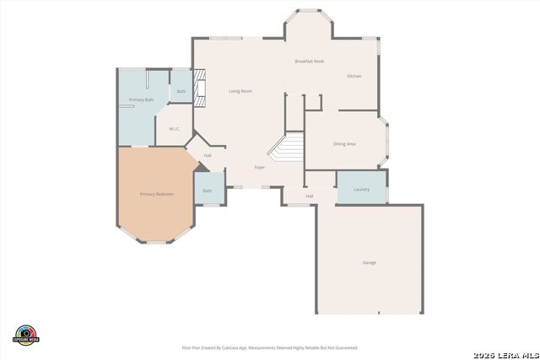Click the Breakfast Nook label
tap(310, 62)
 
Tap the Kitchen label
tap(354, 77)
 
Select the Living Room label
tap(240, 91)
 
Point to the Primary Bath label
tap(141, 100)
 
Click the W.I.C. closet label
tap(175, 129)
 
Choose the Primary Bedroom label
tap(156, 195)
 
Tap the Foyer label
tap(260, 167)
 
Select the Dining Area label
tap(344, 144)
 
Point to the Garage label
tap(370, 263)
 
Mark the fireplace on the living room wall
tap(200, 88)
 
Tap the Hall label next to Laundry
tap(310, 196)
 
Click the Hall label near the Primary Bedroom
tap(208, 155)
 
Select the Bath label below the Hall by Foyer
tap(208, 191)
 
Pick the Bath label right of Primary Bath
tap(181, 91)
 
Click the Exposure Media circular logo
tap(26, 335)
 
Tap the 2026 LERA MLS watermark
tap(504, 353)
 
